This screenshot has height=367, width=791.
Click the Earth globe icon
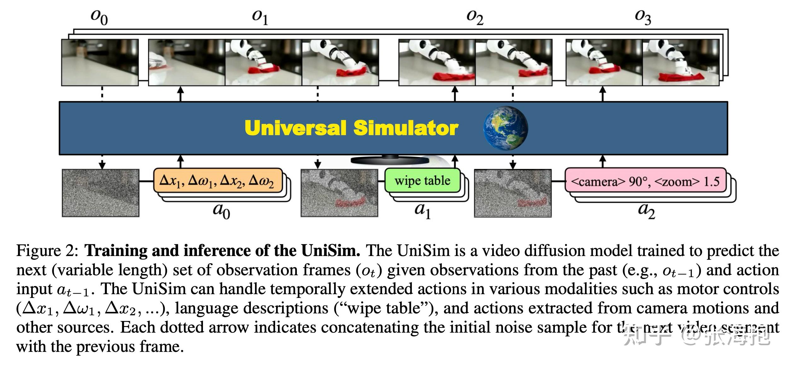(505, 128)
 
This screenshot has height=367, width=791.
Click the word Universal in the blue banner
(295, 128)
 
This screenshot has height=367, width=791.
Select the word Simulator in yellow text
(406, 128)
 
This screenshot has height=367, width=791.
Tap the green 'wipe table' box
(422, 181)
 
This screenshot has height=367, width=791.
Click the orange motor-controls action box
(217, 181)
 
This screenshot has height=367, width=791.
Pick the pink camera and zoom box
(645, 181)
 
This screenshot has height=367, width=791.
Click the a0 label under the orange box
(221, 210)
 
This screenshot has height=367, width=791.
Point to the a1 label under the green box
(422, 210)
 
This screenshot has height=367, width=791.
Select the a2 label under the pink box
(646, 210)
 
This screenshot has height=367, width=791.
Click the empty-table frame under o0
(100, 62)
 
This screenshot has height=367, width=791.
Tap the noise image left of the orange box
(101, 193)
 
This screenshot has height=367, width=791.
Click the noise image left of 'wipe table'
(339, 193)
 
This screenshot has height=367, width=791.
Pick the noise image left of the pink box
(513, 193)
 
